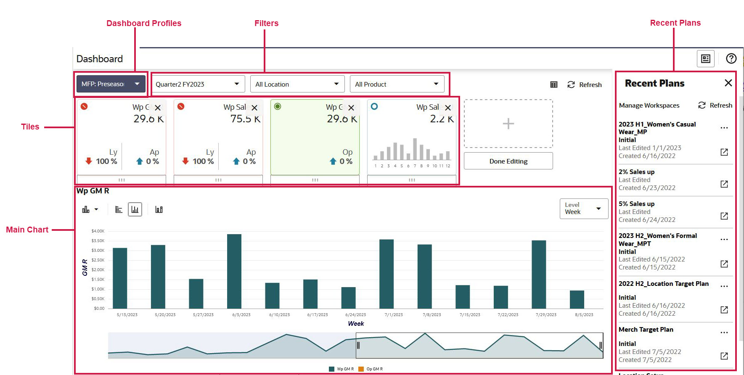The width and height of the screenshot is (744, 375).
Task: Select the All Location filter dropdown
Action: click(297, 84)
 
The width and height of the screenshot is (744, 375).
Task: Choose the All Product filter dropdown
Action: click(397, 84)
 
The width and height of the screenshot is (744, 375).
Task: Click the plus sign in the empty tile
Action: click(508, 124)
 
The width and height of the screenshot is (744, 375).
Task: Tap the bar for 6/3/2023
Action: click(234, 271)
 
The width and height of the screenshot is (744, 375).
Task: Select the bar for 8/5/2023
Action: click(577, 299)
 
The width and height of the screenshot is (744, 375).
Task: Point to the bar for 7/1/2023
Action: click(387, 274)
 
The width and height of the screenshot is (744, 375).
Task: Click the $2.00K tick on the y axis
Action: click(98, 270)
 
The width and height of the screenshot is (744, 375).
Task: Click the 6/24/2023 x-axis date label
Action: click(355, 315)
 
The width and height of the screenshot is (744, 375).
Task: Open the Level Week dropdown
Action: click(583, 209)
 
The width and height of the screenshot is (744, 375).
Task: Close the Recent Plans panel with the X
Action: click(728, 83)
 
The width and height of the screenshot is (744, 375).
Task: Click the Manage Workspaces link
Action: click(649, 106)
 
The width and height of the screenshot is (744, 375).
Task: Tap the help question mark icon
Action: click(731, 58)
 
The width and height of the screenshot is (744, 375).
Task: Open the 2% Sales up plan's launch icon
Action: click(724, 184)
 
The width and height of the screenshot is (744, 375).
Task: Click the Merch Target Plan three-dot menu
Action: click(724, 333)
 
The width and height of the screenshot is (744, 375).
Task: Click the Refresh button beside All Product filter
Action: click(585, 85)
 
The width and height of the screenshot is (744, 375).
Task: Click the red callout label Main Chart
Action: click(27, 230)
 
